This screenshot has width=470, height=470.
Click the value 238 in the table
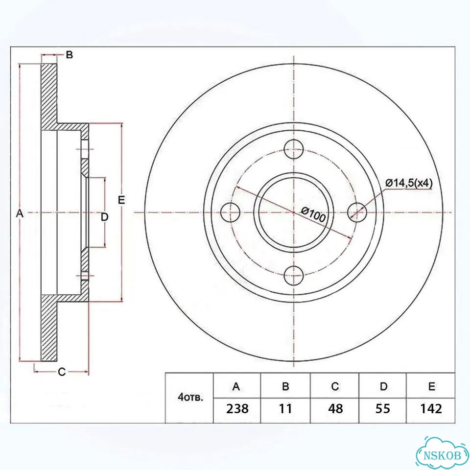tap(237, 408)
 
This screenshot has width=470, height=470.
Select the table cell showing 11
tap(285, 408)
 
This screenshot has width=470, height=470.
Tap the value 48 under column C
tap(335, 408)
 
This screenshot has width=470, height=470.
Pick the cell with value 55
tap(383, 408)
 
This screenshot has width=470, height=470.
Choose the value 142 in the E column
tap(431, 408)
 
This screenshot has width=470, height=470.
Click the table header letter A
tap(236, 387)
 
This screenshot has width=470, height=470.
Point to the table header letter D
tap(383, 387)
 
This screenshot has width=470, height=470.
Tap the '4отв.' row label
tap(190, 398)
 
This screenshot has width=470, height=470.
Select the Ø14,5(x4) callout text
tap(409, 183)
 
